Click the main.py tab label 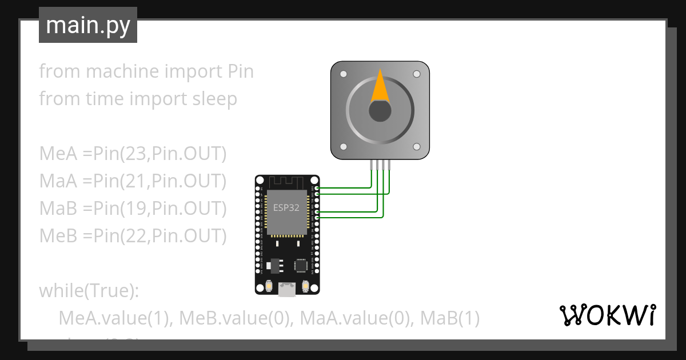[88, 25]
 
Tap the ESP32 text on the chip [286, 207]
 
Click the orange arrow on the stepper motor [380, 86]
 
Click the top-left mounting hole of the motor [343, 74]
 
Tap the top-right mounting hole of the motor [417, 74]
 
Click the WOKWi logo [607, 314]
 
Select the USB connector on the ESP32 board [286, 290]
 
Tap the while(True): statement [89, 291]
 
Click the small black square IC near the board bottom [300, 265]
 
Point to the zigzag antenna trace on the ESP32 [286, 182]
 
